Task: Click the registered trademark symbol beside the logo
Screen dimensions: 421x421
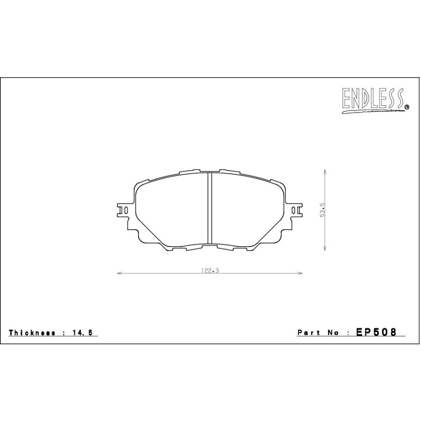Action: [x=406, y=107]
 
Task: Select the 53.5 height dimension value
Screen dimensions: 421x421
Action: [x=322, y=210]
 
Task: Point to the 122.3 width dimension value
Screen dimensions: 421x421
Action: [x=210, y=271]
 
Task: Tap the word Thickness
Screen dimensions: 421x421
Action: [x=32, y=333]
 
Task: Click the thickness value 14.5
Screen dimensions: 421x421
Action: [x=83, y=333]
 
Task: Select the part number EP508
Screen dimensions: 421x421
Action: [x=376, y=332]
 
